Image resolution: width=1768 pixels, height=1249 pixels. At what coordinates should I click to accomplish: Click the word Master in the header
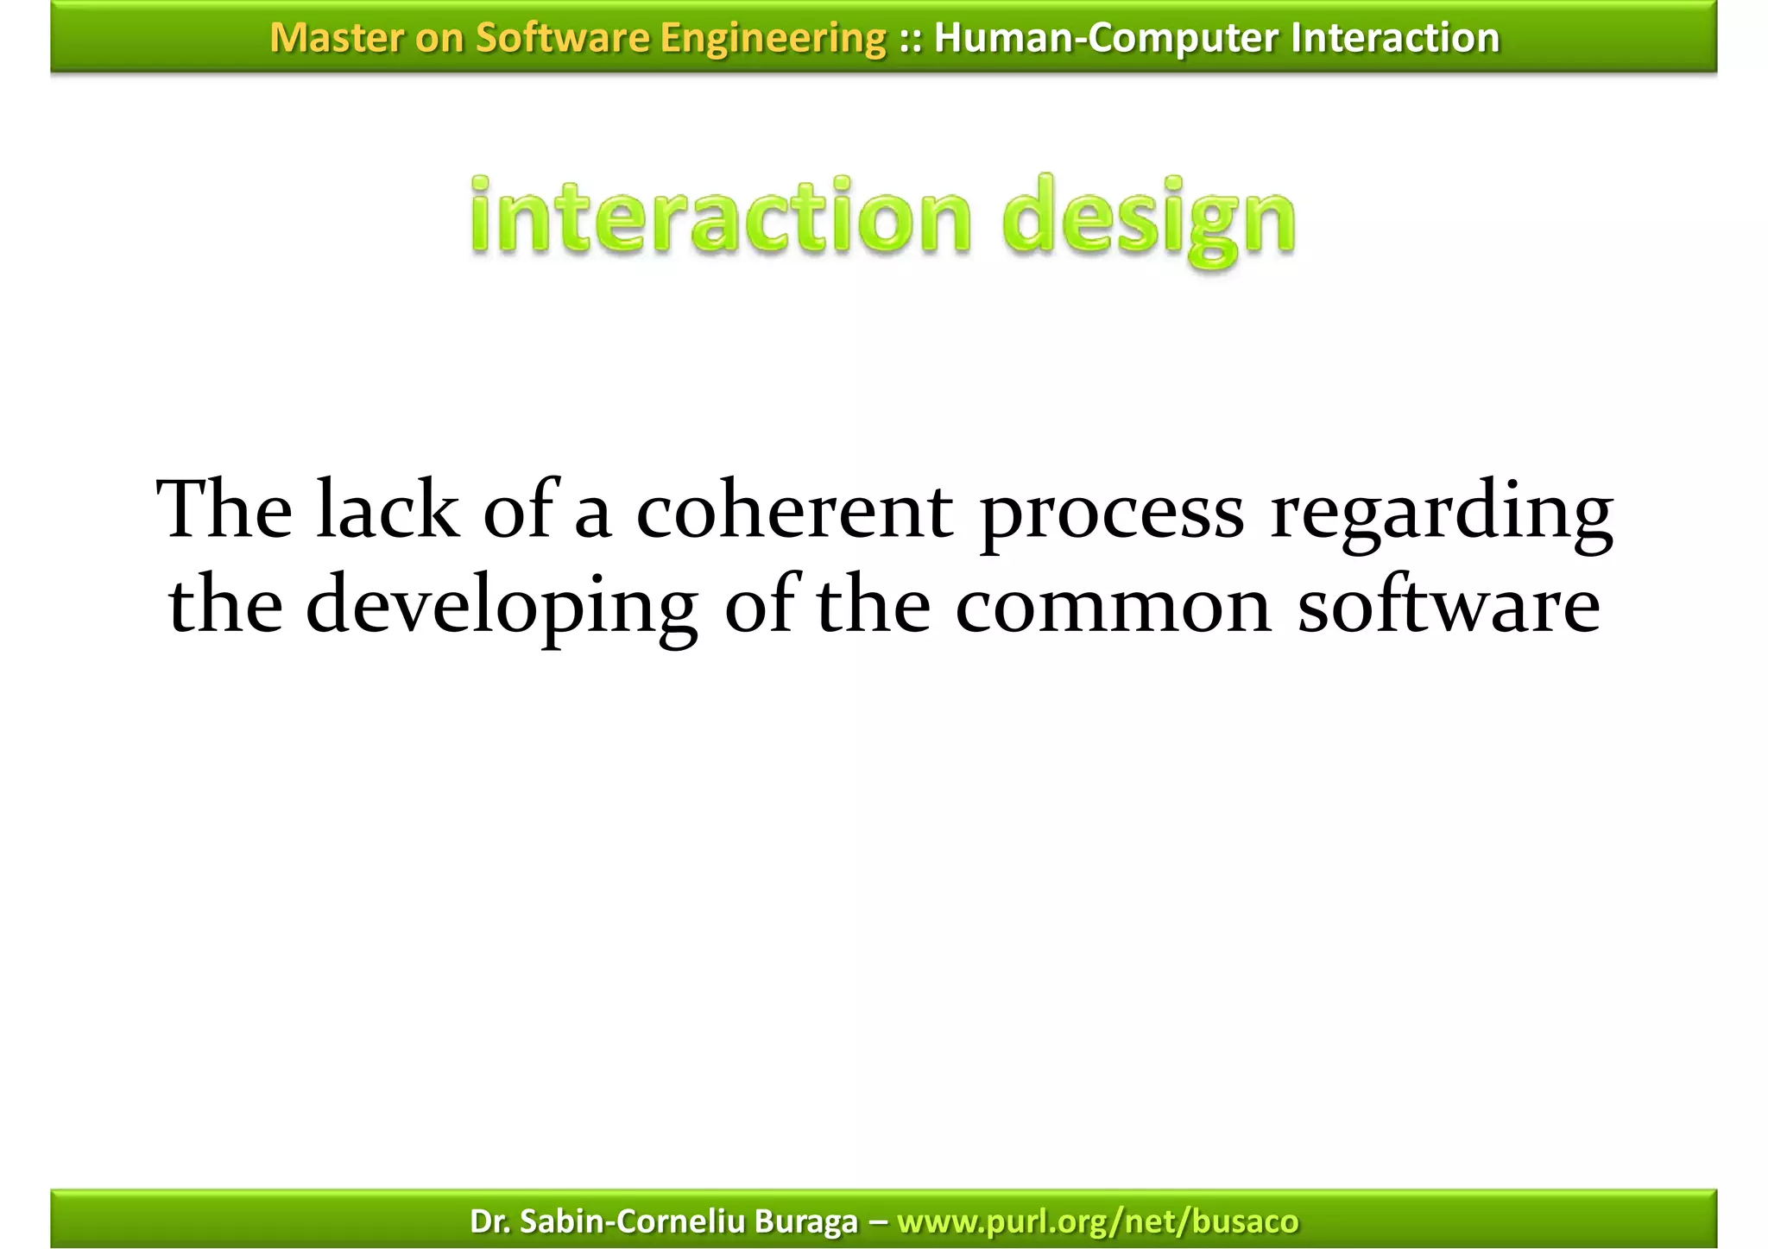tap(336, 38)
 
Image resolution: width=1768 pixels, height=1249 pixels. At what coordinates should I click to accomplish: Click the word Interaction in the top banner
tap(1395, 38)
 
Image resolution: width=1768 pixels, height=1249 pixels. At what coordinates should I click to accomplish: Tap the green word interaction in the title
tap(721, 216)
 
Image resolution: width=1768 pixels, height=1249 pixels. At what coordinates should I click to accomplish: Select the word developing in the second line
tap(501, 609)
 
